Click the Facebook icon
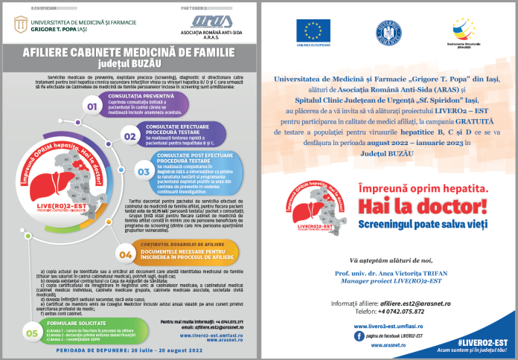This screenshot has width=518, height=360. pyautogui.click(x=359, y=315)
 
